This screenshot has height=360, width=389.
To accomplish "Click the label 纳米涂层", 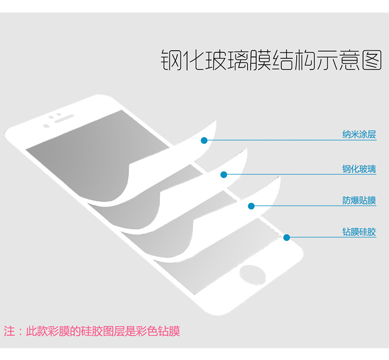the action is [x=359, y=134].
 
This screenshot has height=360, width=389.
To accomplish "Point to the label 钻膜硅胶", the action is [x=359, y=231].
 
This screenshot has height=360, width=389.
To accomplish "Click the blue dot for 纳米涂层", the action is [x=204, y=140].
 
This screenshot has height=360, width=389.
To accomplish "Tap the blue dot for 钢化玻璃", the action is [x=224, y=174].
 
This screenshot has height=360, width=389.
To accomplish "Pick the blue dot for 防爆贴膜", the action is [x=251, y=206].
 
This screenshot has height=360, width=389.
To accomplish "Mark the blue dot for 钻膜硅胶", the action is [x=287, y=237].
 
